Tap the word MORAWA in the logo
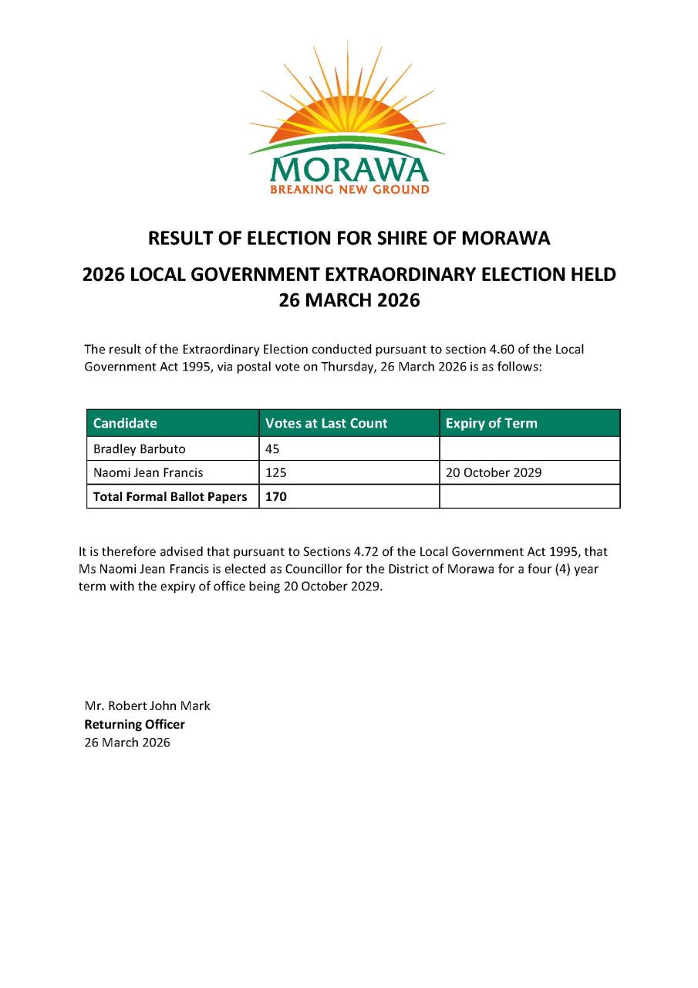(349, 169)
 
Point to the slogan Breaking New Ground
(349, 190)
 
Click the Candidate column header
(125, 423)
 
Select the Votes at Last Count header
(326, 423)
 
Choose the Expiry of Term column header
(491, 423)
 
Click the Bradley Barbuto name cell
(139, 448)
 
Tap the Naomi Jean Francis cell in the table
(148, 472)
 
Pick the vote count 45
(272, 448)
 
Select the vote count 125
(275, 472)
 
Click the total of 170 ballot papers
(275, 496)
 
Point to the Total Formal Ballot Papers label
(170, 496)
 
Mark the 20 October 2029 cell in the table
(494, 472)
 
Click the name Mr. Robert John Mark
(147, 705)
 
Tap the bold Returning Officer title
(134, 724)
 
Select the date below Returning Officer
(127, 743)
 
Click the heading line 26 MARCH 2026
(349, 300)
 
